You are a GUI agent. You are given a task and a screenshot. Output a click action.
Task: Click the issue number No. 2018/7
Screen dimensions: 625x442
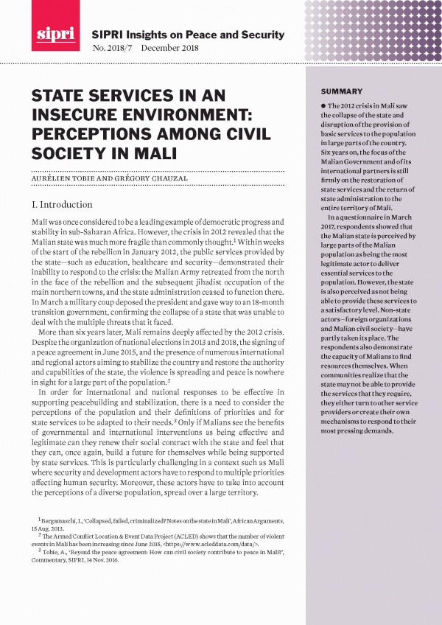(x=111, y=49)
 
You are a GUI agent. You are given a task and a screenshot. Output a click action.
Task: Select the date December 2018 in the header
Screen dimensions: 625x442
(x=169, y=49)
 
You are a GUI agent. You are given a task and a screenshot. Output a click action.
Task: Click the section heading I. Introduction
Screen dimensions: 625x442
(x=62, y=204)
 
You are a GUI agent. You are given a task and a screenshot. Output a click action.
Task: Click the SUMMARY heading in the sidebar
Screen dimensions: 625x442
(x=342, y=91)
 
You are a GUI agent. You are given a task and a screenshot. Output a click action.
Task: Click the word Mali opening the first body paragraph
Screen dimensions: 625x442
(x=41, y=222)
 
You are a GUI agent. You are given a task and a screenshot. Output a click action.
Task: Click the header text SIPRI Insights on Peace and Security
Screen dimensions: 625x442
(x=187, y=35)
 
